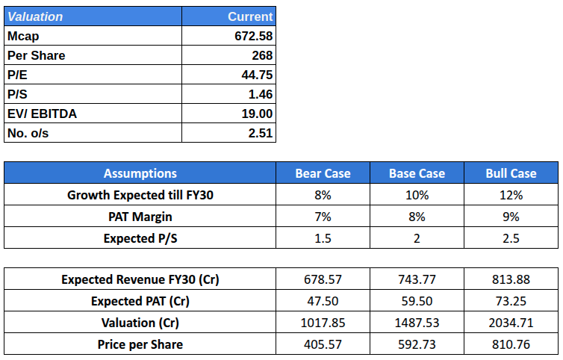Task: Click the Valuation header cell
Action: pyautogui.click(x=35, y=16)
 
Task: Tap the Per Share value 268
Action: pyautogui.click(x=262, y=55)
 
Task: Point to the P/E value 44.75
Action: pyautogui.click(x=256, y=75)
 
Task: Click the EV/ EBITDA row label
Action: pyautogui.click(x=42, y=114)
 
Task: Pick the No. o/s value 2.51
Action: pyautogui.click(x=261, y=133)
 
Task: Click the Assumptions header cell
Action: pyautogui.click(x=140, y=173)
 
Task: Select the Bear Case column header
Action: pyautogui.click(x=323, y=173)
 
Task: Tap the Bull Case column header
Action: pyautogui.click(x=511, y=173)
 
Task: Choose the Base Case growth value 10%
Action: pyautogui.click(x=417, y=195)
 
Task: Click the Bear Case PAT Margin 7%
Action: pyautogui.click(x=323, y=217)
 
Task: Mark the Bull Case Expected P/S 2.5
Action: pyautogui.click(x=511, y=238)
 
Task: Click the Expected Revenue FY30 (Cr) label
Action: pyautogui.click(x=140, y=279)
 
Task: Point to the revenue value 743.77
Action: pyautogui.click(x=417, y=279)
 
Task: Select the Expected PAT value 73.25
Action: pyautogui.click(x=511, y=301)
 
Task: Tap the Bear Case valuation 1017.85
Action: pyautogui.click(x=323, y=323)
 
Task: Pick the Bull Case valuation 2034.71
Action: pyautogui.click(x=511, y=323)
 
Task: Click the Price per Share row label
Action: pyautogui.click(x=140, y=344)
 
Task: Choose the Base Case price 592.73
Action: pyautogui.click(x=417, y=344)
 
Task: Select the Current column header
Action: pyautogui.click(x=250, y=16)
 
